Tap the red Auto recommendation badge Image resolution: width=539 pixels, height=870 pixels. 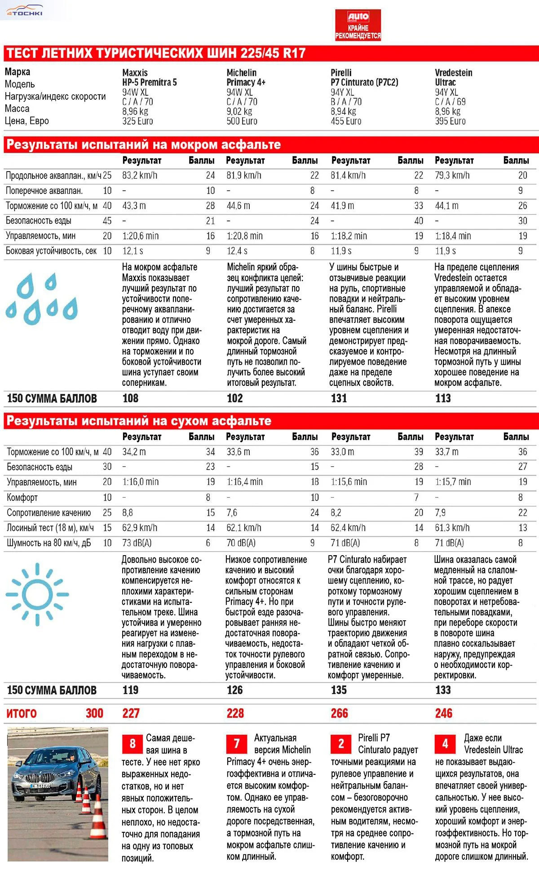coord(358,25)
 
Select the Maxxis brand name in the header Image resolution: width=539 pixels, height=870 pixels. coord(135,72)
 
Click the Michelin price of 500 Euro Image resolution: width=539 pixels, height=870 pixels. coord(242,121)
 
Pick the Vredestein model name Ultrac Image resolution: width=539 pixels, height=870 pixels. coord(445,82)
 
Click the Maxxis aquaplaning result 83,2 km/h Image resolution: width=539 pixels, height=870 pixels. coord(140,176)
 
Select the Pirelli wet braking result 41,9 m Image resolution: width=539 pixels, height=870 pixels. coord(342,206)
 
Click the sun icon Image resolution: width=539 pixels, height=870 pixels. coord(37,595)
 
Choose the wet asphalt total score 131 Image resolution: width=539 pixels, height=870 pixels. coord(339,398)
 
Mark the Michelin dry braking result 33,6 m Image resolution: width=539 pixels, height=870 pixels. coord(238,452)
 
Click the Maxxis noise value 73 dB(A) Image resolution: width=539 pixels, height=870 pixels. coord(137,543)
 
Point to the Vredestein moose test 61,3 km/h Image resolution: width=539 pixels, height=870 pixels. coord(452,528)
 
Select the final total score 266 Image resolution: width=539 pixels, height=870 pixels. coord(339,713)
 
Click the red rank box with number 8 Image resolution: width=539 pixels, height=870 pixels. coord(132,744)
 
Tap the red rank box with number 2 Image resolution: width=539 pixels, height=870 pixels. coord(341,744)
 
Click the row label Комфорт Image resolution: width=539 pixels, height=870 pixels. coord(22,498)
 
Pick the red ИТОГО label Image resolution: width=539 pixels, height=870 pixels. coord(22,713)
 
